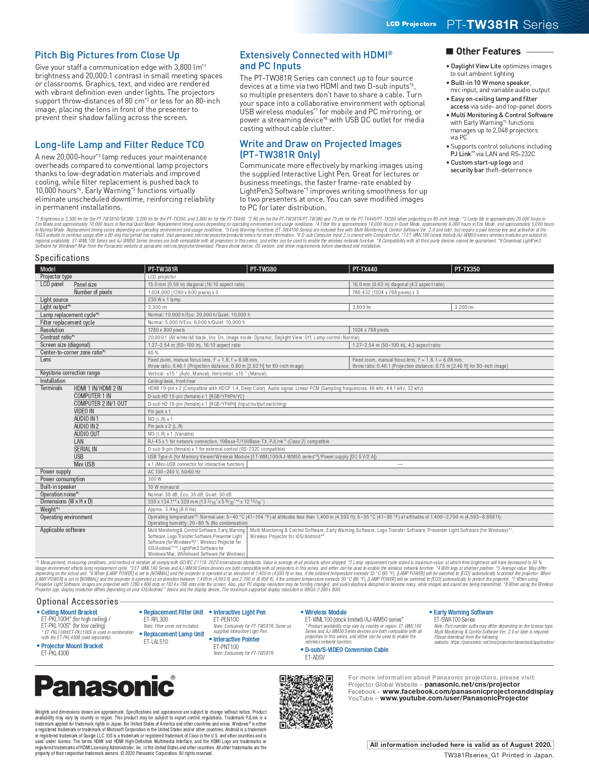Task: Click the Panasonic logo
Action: point(105,686)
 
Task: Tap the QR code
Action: point(306,702)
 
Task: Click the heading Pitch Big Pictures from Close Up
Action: point(107,55)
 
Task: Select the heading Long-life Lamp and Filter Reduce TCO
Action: point(120,145)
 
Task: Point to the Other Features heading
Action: point(488,51)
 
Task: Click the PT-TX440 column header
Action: point(365,269)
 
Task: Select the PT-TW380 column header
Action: point(263,269)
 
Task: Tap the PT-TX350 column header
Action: point(467,269)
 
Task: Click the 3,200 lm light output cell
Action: point(464,307)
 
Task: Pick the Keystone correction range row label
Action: point(70,373)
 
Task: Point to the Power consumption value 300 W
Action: point(155,479)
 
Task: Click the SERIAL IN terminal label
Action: point(85,449)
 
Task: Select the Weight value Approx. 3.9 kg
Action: point(172,509)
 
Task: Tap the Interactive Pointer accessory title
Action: point(236,639)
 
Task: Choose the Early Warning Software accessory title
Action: point(463,612)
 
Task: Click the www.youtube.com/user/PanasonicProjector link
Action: point(454,698)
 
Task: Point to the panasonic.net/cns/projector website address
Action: point(472,684)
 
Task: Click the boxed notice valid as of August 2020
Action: point(460,745)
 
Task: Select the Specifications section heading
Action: point(62,258)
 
